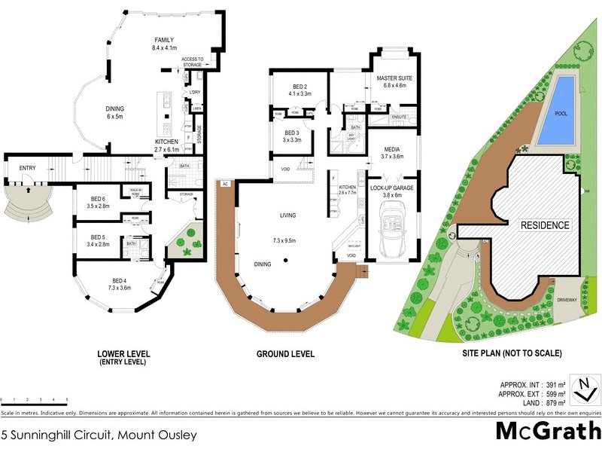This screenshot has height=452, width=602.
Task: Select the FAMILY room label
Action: [164, 40]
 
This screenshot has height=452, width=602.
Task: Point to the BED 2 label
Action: [299, 87]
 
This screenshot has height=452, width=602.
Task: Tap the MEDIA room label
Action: [391, 149]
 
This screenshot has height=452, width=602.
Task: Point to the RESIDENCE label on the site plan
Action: [545, 225]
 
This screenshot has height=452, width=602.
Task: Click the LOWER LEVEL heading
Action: [123, 353]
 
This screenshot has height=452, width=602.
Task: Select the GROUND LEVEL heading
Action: [285, 354]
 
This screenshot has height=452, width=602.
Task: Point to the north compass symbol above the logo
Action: [585, 389]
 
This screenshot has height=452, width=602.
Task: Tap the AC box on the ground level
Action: [224, 184]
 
